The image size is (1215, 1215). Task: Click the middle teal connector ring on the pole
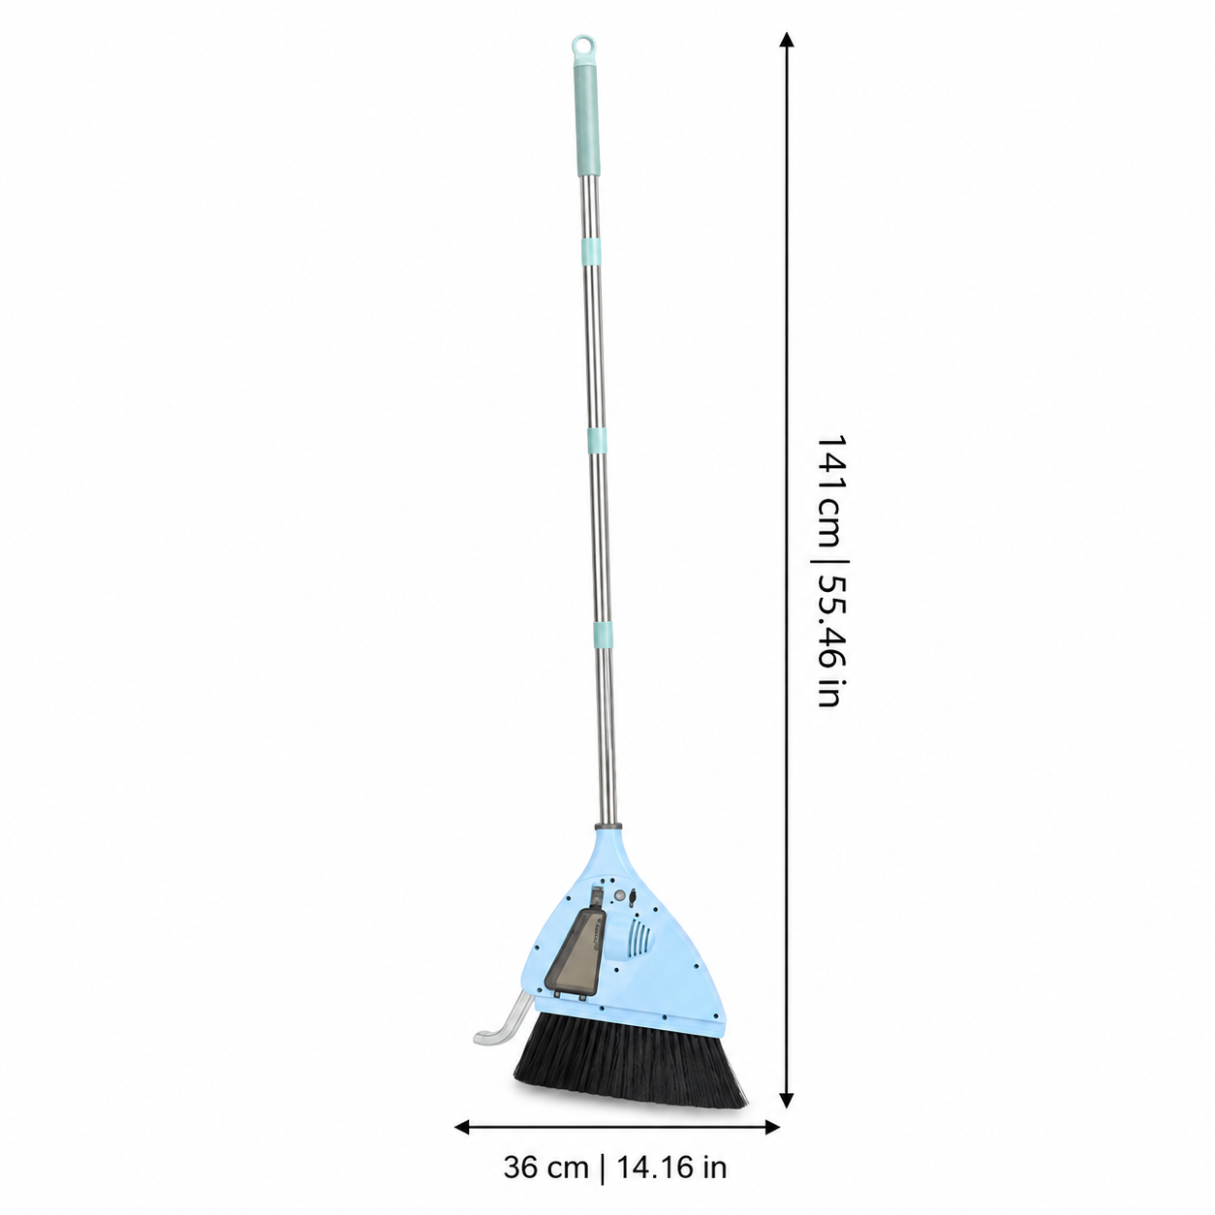tap(597, 440)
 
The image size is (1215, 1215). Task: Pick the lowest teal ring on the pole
tap(603, 635)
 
